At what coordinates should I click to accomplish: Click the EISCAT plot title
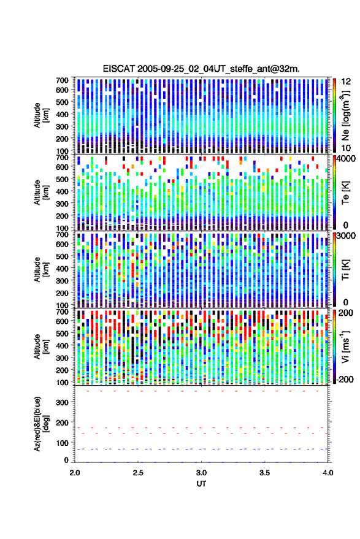pos(201,69)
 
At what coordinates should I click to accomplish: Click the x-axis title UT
pos(201,484)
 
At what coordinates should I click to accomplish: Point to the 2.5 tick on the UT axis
pos(138,473)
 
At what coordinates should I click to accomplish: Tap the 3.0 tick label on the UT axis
pos(202,473)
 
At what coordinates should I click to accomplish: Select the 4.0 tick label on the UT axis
pos(328,473)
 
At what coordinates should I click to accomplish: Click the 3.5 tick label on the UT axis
pos(265,473)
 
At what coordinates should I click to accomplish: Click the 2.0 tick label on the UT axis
pos(75,473)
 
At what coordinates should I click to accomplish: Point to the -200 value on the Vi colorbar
pos(343,380)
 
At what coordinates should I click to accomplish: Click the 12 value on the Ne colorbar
pos(347,82)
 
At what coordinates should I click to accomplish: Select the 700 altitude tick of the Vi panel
pos(63,312)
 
